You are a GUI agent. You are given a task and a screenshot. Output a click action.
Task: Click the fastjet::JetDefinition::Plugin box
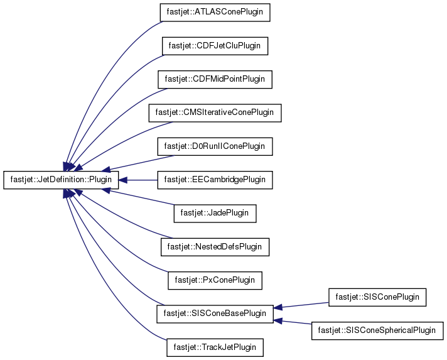click(x=61, y=180)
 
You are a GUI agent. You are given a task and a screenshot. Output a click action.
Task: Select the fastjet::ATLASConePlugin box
click(x=215, y=13)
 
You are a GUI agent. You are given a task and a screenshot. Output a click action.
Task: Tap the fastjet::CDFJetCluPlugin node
click(x=215, y=46)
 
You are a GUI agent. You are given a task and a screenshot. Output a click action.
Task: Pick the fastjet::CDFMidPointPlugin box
click(x=215, y=79)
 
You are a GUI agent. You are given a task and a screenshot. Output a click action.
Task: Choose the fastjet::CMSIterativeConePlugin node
click(x=215, y=113)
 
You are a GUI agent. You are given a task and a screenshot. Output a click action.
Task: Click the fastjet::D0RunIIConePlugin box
click(x=215, y=146)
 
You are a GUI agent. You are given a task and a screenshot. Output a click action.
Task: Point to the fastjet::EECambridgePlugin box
click(x=215, y=180)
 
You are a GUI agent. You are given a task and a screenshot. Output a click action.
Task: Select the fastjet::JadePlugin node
click(x=215, y=214)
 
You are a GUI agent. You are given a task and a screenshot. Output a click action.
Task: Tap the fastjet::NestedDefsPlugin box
click(x=215, y=247)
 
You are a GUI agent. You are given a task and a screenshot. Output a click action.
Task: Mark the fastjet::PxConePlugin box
click(x=215, y=280)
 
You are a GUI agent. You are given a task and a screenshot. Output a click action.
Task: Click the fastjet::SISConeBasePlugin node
click(x=215, y=314)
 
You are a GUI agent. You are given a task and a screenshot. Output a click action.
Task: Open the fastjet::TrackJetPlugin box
click(x=215, y=347)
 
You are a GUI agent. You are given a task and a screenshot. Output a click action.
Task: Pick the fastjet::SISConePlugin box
click(x=377, y=297)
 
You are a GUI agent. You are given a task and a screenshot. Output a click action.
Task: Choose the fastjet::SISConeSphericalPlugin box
click(x=377, y=331)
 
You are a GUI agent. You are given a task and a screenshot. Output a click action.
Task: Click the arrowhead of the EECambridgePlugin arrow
click(x=122, y=180)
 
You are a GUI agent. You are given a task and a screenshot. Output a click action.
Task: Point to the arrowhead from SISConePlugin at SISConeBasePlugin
click(x=278, y=307)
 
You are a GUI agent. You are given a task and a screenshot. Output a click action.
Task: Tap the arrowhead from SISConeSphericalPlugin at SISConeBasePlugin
click(x=278, y=320)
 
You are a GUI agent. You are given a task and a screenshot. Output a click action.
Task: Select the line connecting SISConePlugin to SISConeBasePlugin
click(x=305, y=305)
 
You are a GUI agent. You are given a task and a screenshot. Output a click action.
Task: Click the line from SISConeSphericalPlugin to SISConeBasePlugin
click(x=297, y=323)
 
